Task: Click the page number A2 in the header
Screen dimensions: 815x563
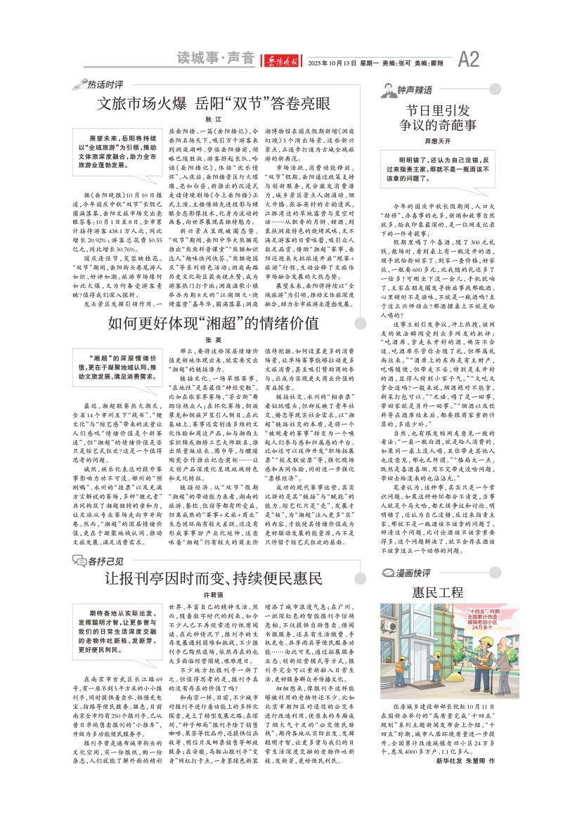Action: (x=469, y=57)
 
